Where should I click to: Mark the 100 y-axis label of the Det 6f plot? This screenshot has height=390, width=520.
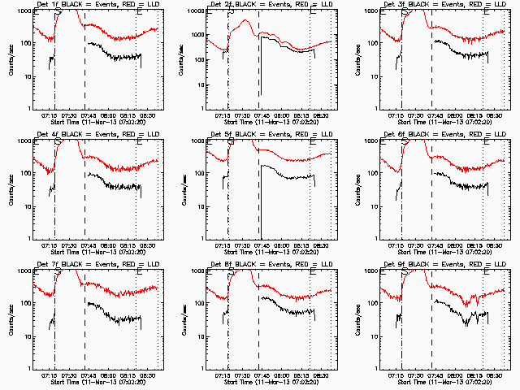[x=373, y=174]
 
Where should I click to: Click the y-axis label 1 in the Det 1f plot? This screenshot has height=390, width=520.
[x=30, y=109]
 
